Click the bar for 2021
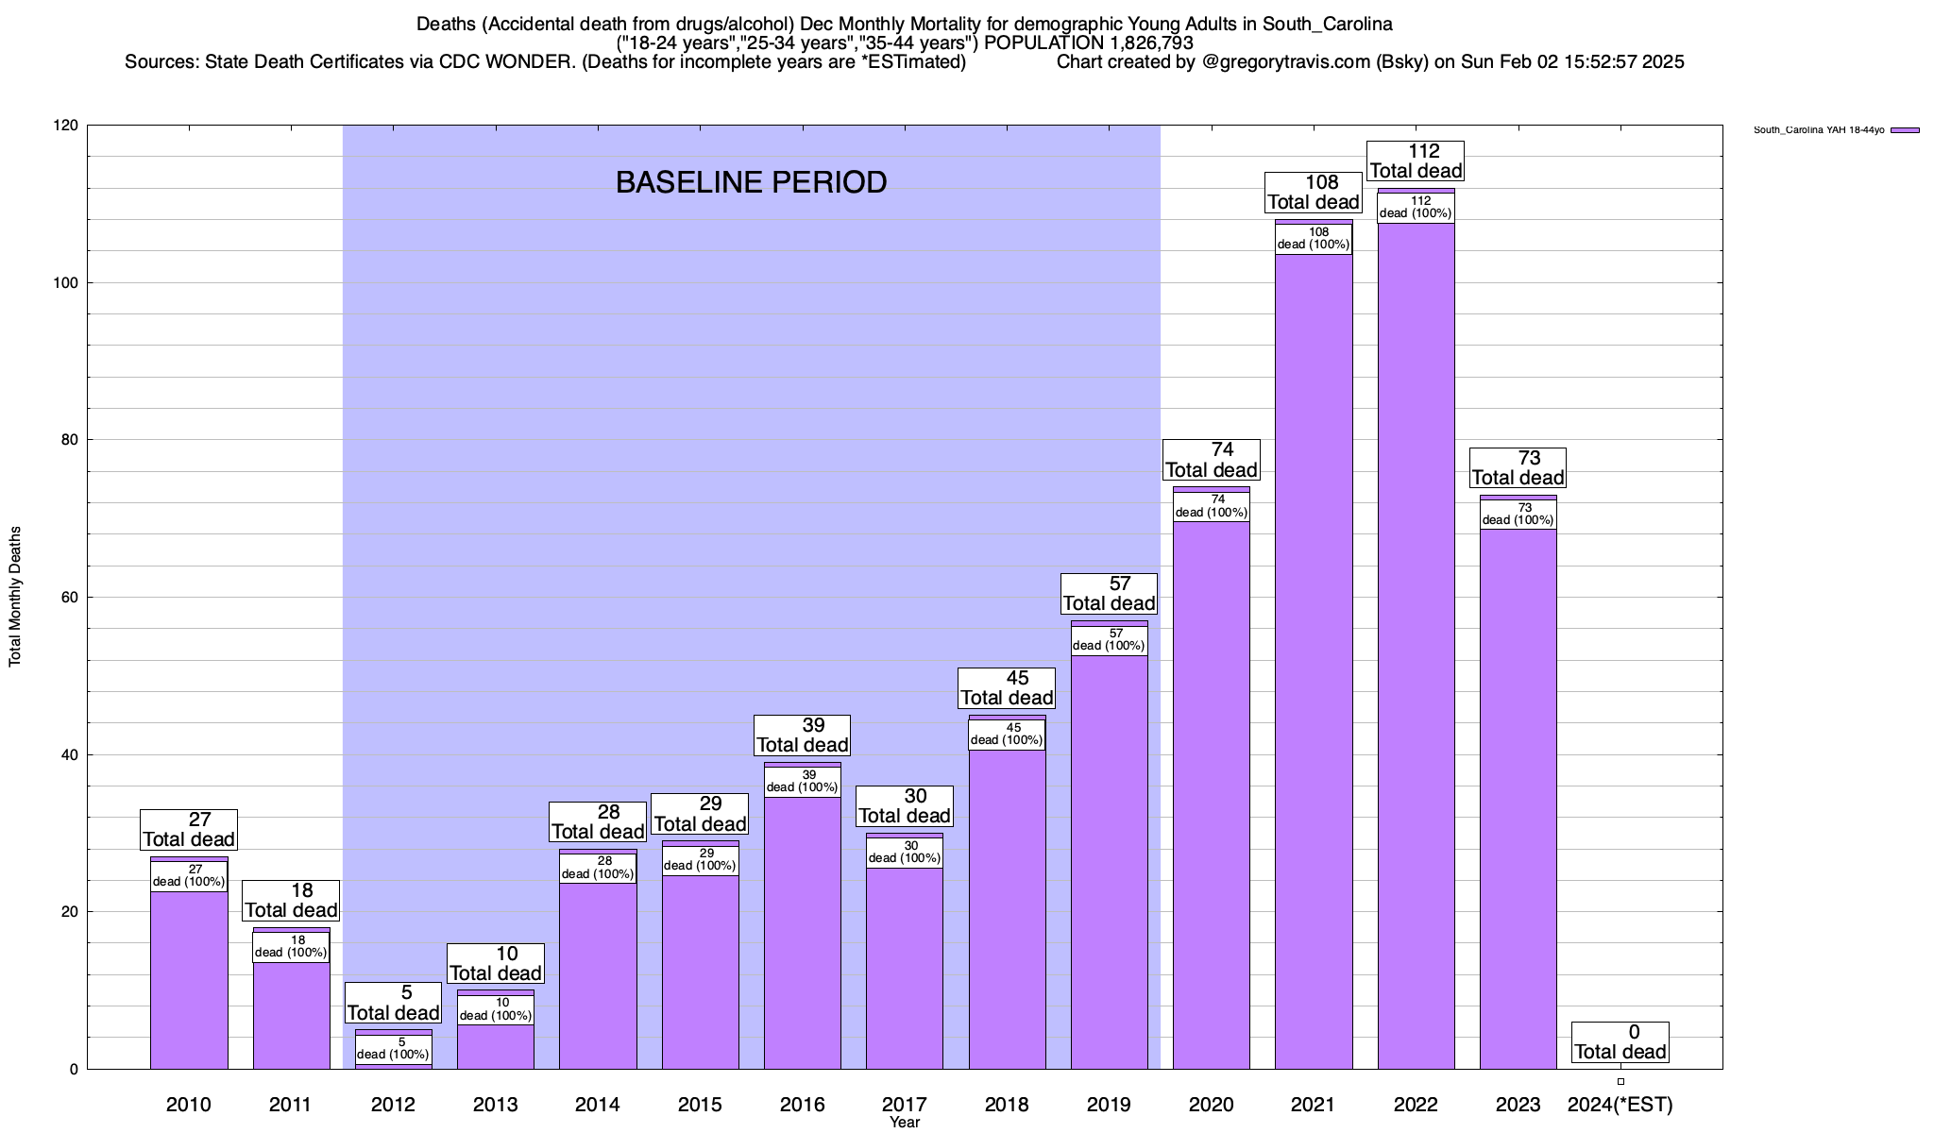[x=1314, y=661]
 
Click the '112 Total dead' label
[x=1416, y=161]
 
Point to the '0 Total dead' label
[x=1620, y=1042]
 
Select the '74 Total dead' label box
[x=1212, y=460]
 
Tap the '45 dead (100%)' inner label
[x=1007, y=735]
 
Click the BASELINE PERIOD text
[x=751, y=182]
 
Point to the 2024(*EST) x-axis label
[x=1620, y=1105]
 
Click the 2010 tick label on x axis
[x=189, y=1105]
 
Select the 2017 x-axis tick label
[x=905, y=1105]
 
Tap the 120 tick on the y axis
[x=66, y=126]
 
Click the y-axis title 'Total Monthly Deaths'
[x=15, y=597]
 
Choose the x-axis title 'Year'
[x=904, y=1123]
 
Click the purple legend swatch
[x=1905, y=130]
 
